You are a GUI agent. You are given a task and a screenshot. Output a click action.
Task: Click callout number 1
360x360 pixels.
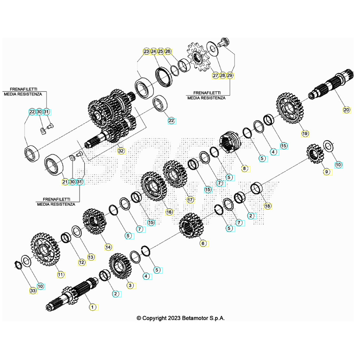pyautogui.click(x=93, y=307)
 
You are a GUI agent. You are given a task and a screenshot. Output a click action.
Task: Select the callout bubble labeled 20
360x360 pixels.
pyautogui.click(x=346, y=110)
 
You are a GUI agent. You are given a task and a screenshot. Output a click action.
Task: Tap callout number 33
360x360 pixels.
pyautogui.click(x=33, y=291)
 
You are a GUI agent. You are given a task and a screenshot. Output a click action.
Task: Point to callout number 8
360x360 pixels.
pyautogui.click(x=244, y=169)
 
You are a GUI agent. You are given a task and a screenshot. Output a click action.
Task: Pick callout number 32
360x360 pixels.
pyautogui.click(x=121, y=151)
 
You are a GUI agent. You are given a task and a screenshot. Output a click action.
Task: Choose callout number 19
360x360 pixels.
pyautogui.click(x=305, y=134)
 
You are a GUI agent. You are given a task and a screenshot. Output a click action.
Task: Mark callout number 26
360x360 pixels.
pyautogui.click(x=168, y=51)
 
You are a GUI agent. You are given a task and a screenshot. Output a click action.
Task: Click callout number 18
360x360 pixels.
pyautogui.click(x=267, y=206)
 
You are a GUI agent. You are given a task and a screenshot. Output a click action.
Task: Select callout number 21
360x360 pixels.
pyautogui.click(x=65, y=182)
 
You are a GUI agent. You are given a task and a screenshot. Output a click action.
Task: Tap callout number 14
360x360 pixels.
pyautogui.click(x=108, y=247)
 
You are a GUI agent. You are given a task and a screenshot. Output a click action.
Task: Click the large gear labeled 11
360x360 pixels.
pyautogui.click(x=45, y=249)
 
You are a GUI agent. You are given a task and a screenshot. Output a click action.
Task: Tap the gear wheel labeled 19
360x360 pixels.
pyautogui.click(x=289, y=108)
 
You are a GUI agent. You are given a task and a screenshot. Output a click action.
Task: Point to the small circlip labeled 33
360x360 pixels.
pyautogui.click(x=18, y=265)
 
